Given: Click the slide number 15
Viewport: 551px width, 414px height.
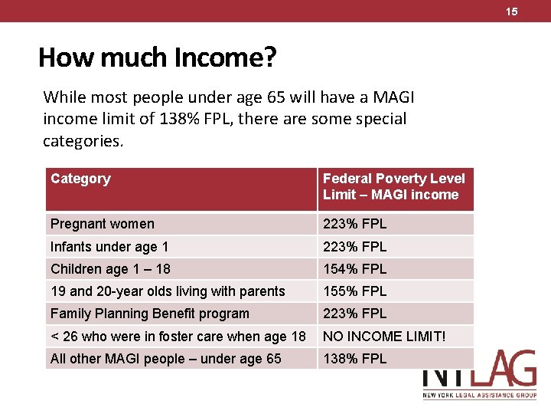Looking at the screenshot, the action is [x=512, y=11].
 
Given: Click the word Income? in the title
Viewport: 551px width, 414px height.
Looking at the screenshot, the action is [x=225, y=57].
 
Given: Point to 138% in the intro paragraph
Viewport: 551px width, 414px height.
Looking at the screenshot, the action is [x=179, y=119].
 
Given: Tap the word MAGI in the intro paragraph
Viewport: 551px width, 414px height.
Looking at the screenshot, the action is [x=393, y=97].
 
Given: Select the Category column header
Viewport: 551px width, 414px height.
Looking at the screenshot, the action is [x=80, y=179].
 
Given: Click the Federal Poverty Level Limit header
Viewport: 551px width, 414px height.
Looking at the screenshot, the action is [x=394, y=186].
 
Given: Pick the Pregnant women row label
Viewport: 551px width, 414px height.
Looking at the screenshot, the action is [x=103, y=224].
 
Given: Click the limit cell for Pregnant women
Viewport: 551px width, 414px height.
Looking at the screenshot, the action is [x=354, y=224].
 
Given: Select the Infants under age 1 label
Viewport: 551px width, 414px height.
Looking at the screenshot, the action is [x=109, y=247].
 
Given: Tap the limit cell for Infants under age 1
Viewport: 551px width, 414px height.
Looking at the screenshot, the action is [x=354, y=246].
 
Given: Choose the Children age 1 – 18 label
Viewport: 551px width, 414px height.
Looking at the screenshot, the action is [x=110, y=269].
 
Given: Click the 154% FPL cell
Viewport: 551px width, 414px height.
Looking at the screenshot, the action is [x=354, y=269].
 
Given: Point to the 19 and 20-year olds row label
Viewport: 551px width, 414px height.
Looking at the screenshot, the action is [x=168, y=291].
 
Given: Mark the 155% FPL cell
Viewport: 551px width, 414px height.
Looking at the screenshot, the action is [x=354, y=291].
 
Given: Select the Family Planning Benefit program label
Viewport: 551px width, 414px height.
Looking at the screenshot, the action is [x=150, y=314].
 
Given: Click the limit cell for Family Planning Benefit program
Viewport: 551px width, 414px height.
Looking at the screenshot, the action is [x=354, y=314].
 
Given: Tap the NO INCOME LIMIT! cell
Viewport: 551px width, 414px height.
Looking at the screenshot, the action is [x=384, y=337].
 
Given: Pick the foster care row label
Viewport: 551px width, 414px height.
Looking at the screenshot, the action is [x=178, y=337].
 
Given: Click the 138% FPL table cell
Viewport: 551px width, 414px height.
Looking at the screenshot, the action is [x=354, y=359].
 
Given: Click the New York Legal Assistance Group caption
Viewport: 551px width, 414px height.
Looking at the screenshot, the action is [x=480, y=396].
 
